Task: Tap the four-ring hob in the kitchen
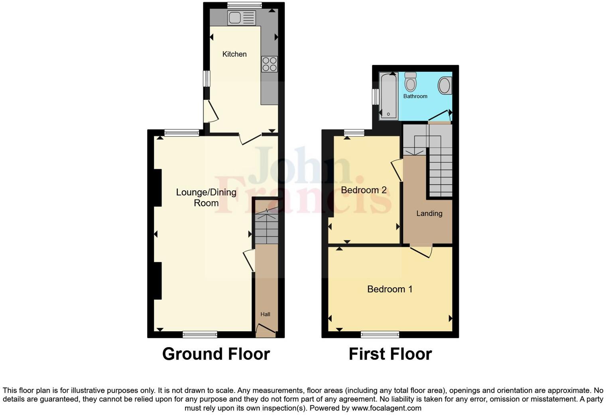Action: point(270,64)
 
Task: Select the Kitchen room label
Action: point(234,54)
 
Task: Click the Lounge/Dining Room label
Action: point(206,198)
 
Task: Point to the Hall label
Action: point(266,314)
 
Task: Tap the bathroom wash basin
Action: point(445,86)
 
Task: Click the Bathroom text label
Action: point(415,96)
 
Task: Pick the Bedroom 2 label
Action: point(364,190)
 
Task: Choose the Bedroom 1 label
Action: point(390,289)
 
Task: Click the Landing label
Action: point(429,213)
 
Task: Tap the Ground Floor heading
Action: point(216,354)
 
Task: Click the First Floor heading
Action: point(390,354)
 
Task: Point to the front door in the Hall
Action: point(266,330)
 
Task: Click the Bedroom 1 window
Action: point(380,334)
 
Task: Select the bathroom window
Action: point(375,97)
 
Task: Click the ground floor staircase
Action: point(266,227)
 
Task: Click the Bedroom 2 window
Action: point(354,132)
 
